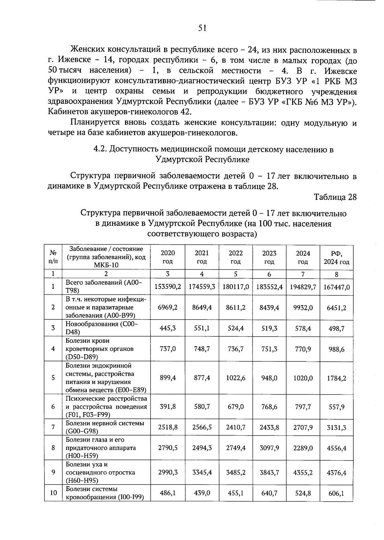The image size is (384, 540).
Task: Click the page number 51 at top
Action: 202,28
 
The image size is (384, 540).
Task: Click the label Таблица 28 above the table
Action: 335,197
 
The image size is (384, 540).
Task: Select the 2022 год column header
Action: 236,257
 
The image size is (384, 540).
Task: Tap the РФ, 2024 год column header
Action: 336,258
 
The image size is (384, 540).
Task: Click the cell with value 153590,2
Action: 168,286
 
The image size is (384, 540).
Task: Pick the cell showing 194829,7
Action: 303,287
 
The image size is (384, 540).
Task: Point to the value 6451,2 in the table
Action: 336,308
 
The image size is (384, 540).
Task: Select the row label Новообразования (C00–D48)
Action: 102,328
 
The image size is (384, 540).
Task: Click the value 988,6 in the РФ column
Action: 336,349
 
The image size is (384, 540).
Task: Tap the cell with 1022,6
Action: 236,378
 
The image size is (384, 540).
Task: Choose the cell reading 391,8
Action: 168,407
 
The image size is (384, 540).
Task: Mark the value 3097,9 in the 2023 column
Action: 269,448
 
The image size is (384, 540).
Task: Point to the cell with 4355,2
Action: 303,472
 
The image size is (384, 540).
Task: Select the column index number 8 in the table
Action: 336,274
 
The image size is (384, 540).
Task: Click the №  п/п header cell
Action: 53,257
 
